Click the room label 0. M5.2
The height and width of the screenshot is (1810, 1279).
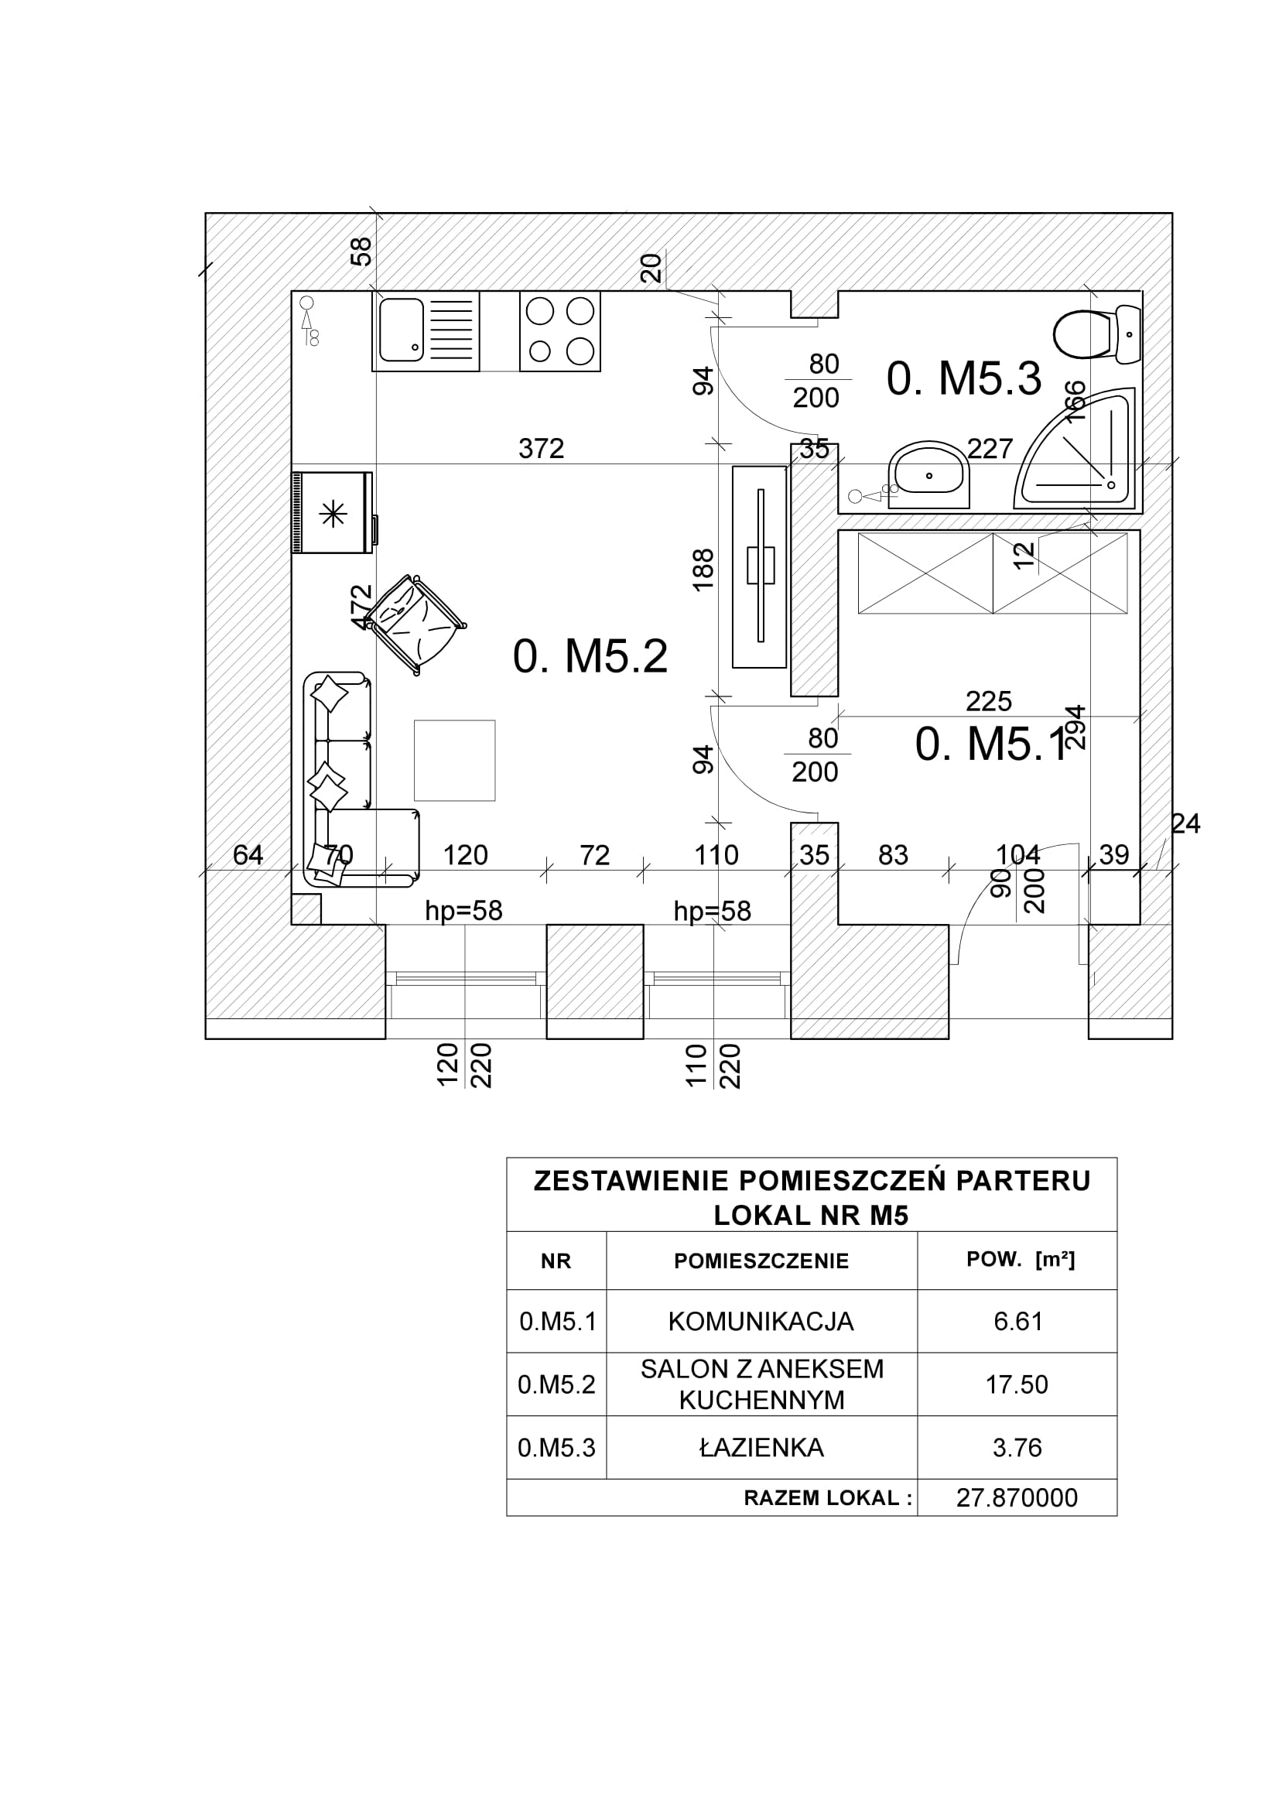click(x=590, y=656)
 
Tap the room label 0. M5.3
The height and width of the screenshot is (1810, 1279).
click(x=963, y=378)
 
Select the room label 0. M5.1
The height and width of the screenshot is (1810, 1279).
click(x=990, y=744)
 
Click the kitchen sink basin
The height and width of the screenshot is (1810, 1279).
click(x=401, y=330)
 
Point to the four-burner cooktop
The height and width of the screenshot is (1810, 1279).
click(x=559, y=331)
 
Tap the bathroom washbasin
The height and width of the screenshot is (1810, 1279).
click(x=929, y=475)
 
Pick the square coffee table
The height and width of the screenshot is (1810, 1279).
click(x=455, y=760)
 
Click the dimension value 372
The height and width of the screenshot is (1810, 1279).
click(x=542, y=449)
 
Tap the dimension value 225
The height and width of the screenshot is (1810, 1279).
click(x=988, y=701)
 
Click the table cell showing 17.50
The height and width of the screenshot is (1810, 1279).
click(x=1017, y=1384)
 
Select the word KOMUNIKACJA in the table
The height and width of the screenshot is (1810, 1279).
click(x=761, y=1321)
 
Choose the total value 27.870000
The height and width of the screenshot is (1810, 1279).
click(x=1017, y=1498)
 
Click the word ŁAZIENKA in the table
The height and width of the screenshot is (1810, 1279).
click(x=761, y=1447)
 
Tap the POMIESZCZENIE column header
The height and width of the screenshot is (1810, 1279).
click(x=761, y=1261)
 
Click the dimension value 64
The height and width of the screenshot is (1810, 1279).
click(x=248, y=854)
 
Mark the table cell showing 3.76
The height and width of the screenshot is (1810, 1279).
click(x=1017, y=1447)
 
